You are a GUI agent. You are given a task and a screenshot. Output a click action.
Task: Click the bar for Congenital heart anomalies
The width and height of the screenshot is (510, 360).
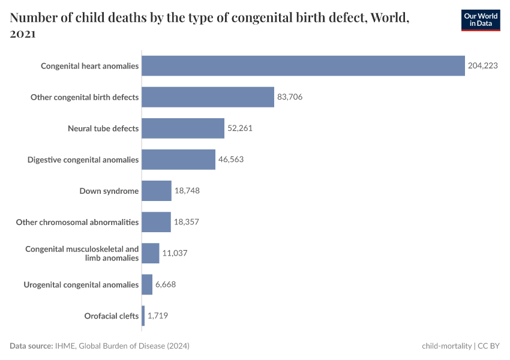[x=303, y=66]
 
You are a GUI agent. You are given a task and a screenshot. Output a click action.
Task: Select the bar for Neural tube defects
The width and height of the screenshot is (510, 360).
[x=183, y=128]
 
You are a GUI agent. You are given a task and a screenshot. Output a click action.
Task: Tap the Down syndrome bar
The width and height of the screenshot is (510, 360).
[x=157, y=191]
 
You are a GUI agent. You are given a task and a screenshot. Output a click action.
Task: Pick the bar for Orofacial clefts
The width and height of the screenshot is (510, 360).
[x=143, y=316]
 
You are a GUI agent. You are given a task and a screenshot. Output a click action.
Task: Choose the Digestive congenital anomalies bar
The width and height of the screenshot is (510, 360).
[x=178, y=160]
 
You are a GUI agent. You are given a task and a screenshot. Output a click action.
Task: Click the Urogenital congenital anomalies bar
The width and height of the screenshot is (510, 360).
[x=147, y=284]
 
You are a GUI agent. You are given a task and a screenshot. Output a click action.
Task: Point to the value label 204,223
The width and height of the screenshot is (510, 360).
[x=483, y=66]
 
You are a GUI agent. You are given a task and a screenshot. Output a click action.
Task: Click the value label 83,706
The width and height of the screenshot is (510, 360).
[x=290, y=97]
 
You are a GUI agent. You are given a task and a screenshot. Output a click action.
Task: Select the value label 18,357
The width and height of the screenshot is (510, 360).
[x=186, y=222]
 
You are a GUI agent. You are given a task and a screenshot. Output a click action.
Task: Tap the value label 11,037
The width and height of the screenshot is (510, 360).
[x=175, y=253]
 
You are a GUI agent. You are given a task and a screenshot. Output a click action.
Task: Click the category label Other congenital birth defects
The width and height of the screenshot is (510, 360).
[x=85, y=97]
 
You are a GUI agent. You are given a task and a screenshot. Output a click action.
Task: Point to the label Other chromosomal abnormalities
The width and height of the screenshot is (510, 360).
[x=77, y=222]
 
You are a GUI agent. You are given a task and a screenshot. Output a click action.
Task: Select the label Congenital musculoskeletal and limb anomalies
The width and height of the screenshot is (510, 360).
[x=82, y=253]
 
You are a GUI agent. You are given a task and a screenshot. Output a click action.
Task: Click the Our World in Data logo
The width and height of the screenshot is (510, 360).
[x=481, y=20]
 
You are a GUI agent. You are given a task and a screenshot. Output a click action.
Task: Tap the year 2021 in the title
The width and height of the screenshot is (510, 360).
[x=23, y=35]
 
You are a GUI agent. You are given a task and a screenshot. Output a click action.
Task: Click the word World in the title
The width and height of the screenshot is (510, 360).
[x=389, y=18]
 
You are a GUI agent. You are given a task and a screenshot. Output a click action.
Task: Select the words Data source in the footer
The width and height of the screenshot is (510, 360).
[x=31, y=346]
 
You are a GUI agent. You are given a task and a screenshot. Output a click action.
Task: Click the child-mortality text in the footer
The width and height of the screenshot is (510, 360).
[x=446, y=346]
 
